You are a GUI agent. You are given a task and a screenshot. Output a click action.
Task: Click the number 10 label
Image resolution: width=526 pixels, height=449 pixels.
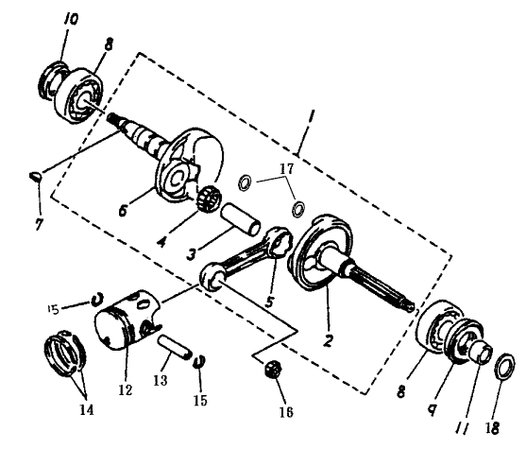pyautogui.click(x=71, y=19)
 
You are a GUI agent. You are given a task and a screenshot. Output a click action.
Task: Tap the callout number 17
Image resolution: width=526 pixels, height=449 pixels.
pyautogui.click(x=286, y=168)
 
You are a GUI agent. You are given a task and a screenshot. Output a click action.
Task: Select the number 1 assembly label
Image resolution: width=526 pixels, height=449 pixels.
pyautogui.click(x=312, y=118)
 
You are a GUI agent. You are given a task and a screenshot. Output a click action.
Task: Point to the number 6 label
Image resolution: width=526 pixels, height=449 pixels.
pyautogui.click(x=123, y=211)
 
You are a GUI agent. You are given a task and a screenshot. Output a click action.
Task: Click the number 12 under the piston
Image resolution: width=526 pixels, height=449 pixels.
pyautogui.click(x=125, y=389)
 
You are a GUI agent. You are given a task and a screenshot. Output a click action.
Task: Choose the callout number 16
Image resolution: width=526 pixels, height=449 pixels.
pyautogui.click(x=286, y=412)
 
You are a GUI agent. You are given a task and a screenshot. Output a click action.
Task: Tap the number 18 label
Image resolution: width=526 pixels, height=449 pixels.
pyautogui.click(x=492, y=428)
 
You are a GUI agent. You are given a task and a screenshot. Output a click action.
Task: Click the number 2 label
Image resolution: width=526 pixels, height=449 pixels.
pyautogui.click(x=328, y=340)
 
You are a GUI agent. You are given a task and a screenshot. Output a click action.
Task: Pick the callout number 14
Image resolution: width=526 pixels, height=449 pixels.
pyautogui.click(x=87, y=409)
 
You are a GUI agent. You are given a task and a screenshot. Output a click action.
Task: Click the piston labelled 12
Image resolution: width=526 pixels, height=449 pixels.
pyautogui.click(x=127, y=318)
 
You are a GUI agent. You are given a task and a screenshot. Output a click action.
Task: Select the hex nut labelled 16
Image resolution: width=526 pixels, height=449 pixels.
pyautogui.click(x=272, y=369)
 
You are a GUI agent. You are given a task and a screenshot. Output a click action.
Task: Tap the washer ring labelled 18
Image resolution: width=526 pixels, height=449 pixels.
pyautogui.click(x=504, y=367)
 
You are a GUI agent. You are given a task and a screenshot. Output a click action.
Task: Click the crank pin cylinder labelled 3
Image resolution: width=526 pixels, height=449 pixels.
pyautogui.click(x=240, y=220)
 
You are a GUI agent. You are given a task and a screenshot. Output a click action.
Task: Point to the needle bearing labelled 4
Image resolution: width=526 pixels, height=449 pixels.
pyautogui.click(x=208, y=196)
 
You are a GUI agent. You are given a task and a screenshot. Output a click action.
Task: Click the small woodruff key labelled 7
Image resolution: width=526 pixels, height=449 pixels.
pyautogui.click(x=36, y=175)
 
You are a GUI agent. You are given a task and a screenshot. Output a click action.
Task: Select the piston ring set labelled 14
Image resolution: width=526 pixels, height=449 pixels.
pyautogui.click(x=65, y=353)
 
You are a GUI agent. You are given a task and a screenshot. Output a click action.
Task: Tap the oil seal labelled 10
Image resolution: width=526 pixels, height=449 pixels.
pyautogui.click(x=53, y=80)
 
